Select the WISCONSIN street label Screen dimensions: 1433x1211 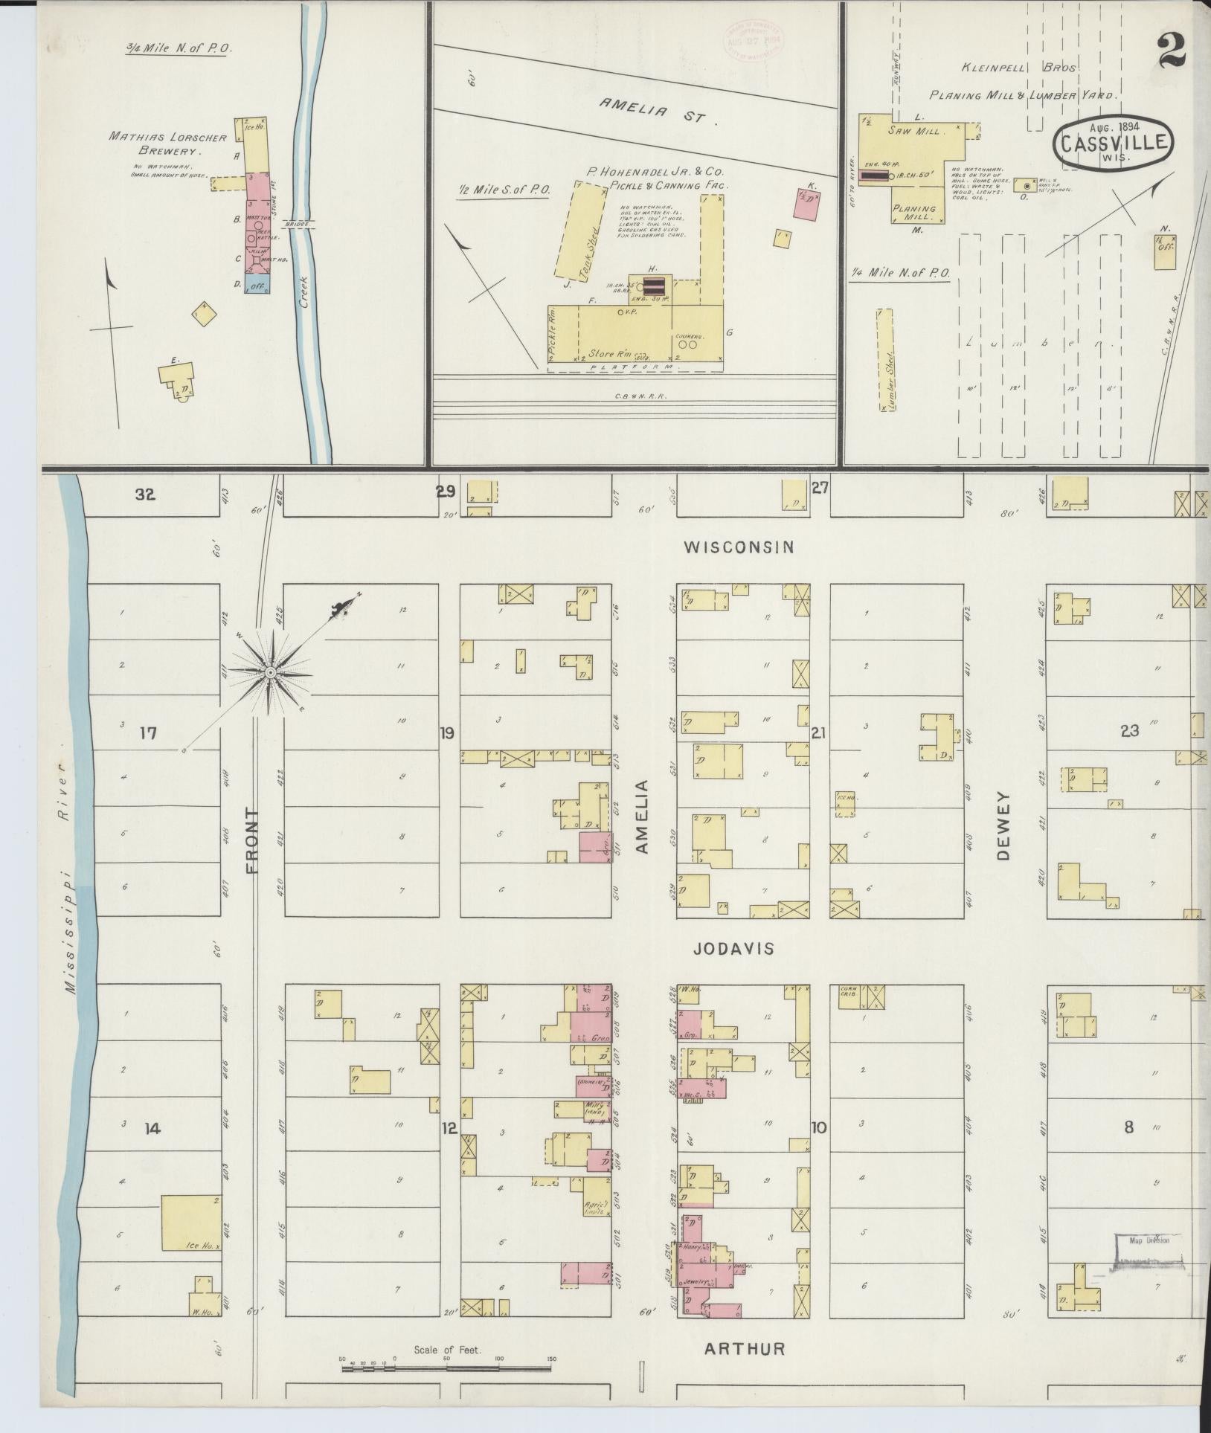click(x=739, y=547)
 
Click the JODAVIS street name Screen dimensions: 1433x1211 click(x=733, y=949)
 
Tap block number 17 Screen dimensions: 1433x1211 click(x=148, y=734)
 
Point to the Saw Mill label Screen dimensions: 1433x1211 click(x=925, y=130)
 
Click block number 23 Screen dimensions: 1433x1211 click(x=1129, y=731)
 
